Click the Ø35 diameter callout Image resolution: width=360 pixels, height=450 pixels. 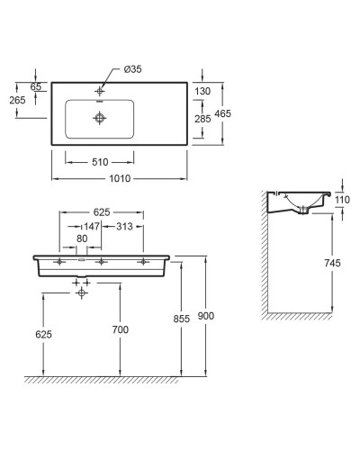[x=132, y=69]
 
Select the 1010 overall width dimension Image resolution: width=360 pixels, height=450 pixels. [x=120, y=178]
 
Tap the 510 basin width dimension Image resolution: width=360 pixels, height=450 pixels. [x=100, y=162]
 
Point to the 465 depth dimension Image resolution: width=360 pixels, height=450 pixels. [x=223, y=113]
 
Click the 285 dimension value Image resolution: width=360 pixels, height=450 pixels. [x=202, y=119]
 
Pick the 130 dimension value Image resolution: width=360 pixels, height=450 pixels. [x=202, y=91]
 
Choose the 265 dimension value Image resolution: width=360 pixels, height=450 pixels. [x=17, y=100]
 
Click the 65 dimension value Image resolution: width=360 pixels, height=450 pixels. [x=36, y=86]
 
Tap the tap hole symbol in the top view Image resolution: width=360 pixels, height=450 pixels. [x=100, y=91]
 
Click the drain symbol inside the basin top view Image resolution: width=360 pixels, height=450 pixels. [x=100, y=118]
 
